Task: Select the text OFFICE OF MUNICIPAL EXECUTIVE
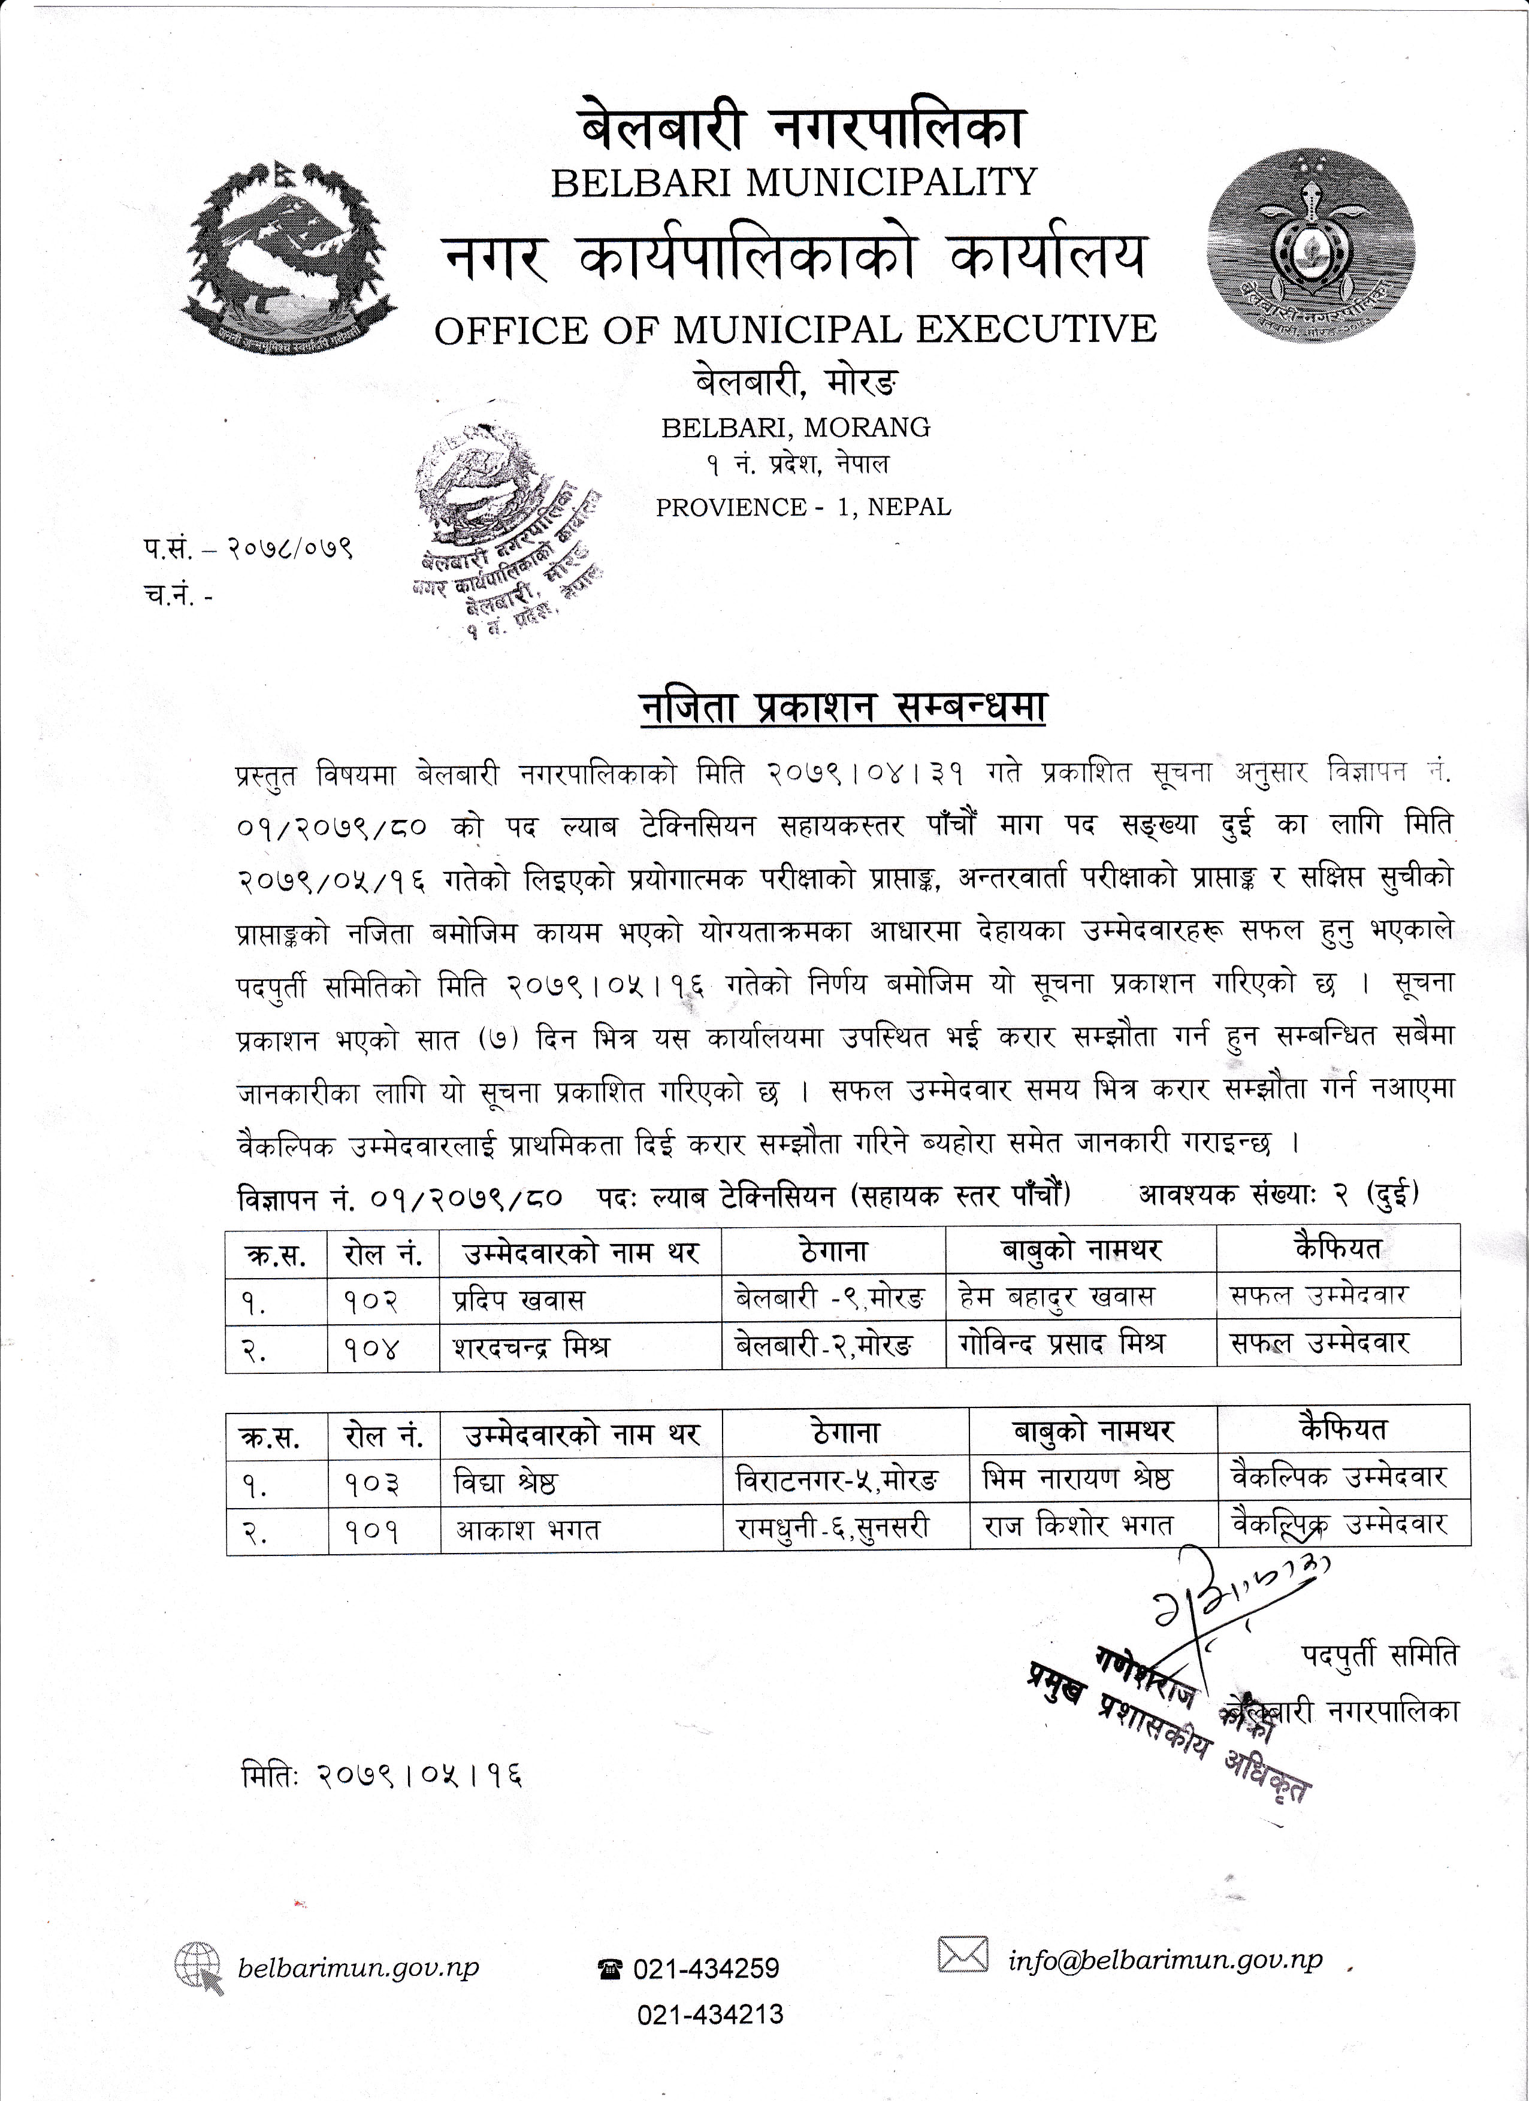[x=795, y=330]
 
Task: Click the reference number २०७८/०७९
[x=289, y=549]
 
